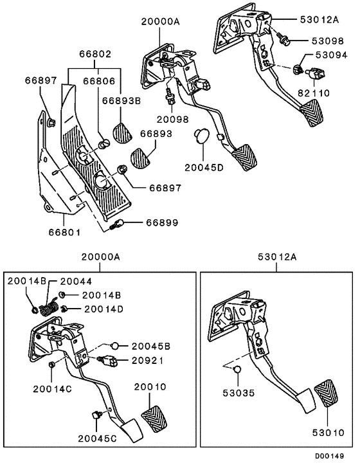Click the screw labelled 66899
[x=117, y=225]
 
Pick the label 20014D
[x=104, y=309]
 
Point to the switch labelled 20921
[x=107, y=360]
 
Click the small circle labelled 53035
[x=237, y=370]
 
